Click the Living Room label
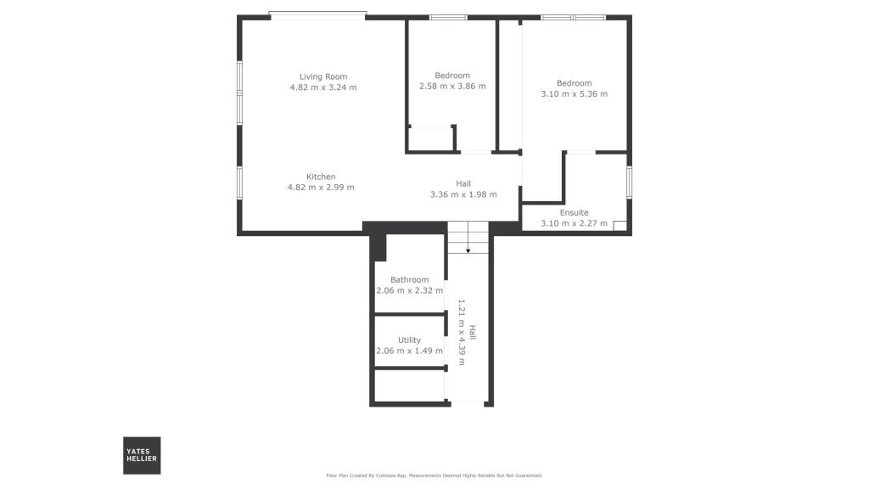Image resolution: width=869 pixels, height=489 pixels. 323,76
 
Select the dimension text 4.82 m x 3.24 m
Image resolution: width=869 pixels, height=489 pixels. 323,87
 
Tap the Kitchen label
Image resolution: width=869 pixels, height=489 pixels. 321,177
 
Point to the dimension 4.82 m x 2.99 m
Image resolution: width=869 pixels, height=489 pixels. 321,188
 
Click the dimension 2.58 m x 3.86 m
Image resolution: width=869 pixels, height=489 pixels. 452,86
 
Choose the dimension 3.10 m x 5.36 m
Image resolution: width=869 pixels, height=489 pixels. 574,94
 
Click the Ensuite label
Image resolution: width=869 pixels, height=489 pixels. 574,213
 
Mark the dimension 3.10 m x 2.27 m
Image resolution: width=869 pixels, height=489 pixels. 574,224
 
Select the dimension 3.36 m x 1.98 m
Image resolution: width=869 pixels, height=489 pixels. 463,194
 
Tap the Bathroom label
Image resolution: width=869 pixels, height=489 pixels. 409,279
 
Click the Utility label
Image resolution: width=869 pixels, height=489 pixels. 409,340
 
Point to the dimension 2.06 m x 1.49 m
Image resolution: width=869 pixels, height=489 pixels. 409,351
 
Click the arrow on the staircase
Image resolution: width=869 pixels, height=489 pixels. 468,250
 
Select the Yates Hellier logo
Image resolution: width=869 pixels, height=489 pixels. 142,455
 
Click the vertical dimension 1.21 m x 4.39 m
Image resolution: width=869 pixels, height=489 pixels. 462,332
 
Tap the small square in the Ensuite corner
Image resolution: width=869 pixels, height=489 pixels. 620,226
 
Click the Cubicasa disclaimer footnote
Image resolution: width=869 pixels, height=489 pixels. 434,475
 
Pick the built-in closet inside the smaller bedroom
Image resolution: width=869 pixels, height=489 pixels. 431,139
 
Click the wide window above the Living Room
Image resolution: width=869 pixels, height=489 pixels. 318,15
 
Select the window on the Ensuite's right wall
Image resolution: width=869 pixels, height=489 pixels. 629,181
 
